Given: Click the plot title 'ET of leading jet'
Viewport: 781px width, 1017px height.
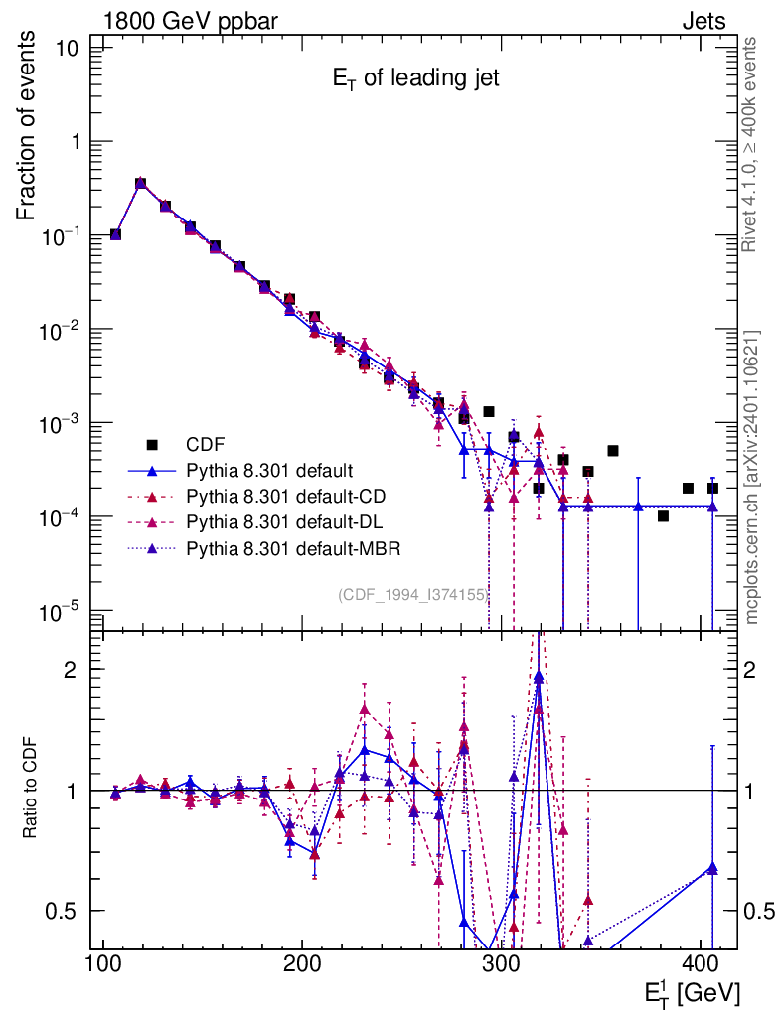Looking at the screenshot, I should [415, 81].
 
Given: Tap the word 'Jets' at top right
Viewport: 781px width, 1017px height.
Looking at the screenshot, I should [703, 21].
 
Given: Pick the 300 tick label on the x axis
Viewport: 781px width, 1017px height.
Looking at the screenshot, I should [501, 963].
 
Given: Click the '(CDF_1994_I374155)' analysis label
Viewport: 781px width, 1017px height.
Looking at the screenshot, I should [411, 595].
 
